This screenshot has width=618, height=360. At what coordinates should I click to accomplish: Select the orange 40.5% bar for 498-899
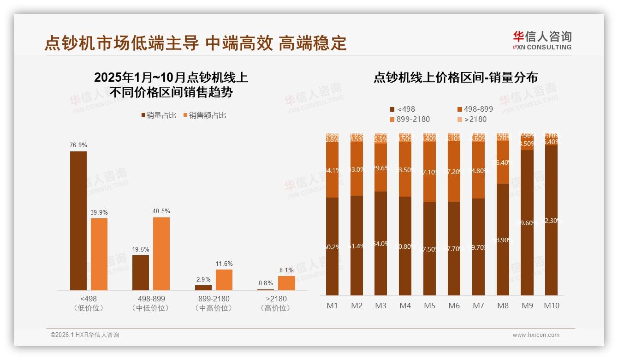pyautogui.click(x=161, y=253)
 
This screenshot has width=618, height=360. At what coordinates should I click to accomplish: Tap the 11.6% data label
pyautogui.click(x=224, y=264)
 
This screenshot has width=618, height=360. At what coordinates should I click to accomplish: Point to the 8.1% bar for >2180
pyautogui.click(x=286, y=283)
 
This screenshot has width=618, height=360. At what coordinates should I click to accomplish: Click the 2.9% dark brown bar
pyautogui.click(x=203, y=288)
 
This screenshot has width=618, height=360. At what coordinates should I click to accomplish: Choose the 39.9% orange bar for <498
pyautogui.click(x=99, y=254)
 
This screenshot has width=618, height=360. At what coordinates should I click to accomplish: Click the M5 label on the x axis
pyautogui.click(x=429, y=306)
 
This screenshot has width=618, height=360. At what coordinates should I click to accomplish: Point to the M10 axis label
pyautogui.click(x=551, y=306)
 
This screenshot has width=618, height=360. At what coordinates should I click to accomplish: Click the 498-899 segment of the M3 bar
pyautogui.click(x=380, y=168)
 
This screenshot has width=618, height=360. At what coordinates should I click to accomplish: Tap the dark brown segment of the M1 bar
pyautogui.click(x=332, y=246)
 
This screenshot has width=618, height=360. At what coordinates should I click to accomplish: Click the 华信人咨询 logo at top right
pyautogui.click(x=542, y=40)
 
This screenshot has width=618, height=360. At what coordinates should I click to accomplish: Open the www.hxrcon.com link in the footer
pyautogui.click(x=535, y=335)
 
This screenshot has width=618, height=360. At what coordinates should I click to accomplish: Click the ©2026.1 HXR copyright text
pyautogui.click(x=85, y=335)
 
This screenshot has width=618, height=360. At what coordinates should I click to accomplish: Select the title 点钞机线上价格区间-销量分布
pyautogui.click(x=456, y=78)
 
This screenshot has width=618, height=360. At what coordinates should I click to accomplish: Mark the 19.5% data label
pyautogui.click(x=141, y=249)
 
